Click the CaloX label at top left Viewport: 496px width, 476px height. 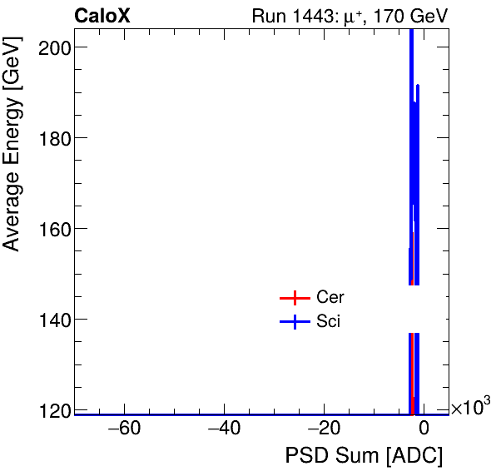[x=102, y=16]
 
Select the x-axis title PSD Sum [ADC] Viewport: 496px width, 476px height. [x=364, y=456]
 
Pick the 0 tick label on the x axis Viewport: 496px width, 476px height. [x=423, y=429]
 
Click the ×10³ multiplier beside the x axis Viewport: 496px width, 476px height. [x=470, y=408]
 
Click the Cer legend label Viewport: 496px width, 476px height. [x=330, y=298]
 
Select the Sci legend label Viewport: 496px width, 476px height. [x=329, y=322]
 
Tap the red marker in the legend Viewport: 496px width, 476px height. [x=295, y=298]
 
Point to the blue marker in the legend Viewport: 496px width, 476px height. [x=295, y=322]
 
